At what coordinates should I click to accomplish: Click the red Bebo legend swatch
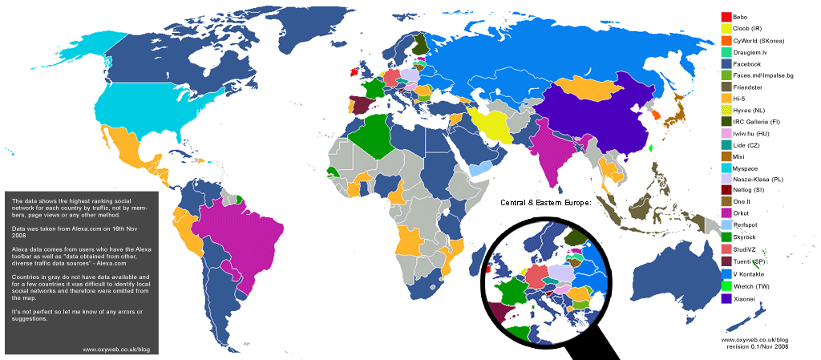click(726, 17)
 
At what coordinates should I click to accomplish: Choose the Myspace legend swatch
click(726, 168)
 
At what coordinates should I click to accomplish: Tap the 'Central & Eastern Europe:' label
click(545, 203)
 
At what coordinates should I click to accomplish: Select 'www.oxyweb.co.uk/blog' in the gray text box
click(117, 349)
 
